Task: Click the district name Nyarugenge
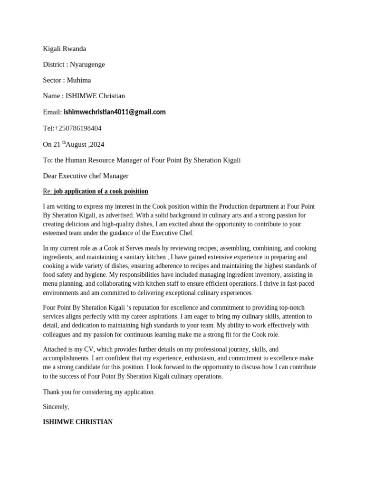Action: pos(87,65)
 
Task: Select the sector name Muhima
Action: pos(79,80)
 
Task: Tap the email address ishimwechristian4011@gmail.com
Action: pos(115,112)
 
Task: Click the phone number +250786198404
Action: pos(78,128)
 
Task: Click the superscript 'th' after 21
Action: pos(64,142)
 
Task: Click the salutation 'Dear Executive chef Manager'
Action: pos(86,176)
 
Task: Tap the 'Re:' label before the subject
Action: pos(47,191)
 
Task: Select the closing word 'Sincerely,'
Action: pos(56,407)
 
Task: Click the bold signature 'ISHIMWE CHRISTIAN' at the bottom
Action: pos(78,421)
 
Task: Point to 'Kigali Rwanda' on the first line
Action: pos(65,49)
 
